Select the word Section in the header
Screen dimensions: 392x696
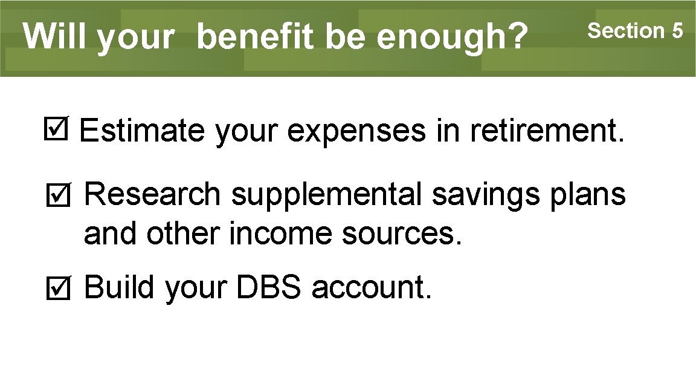point(625,30)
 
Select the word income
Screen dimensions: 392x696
point(281,234)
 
